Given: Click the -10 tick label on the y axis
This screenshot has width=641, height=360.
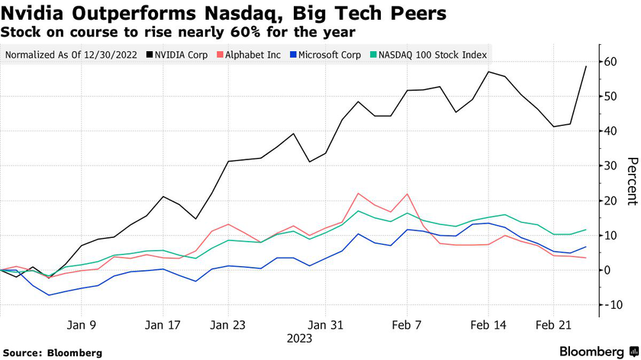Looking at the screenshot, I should [x=610, y=304].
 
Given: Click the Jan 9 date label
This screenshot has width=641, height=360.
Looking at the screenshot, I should [x=82, y=323].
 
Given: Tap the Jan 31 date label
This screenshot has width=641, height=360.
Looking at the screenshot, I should [x=326, y=323].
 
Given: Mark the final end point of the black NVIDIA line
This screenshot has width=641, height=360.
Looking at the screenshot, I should [x=586, y=66].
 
